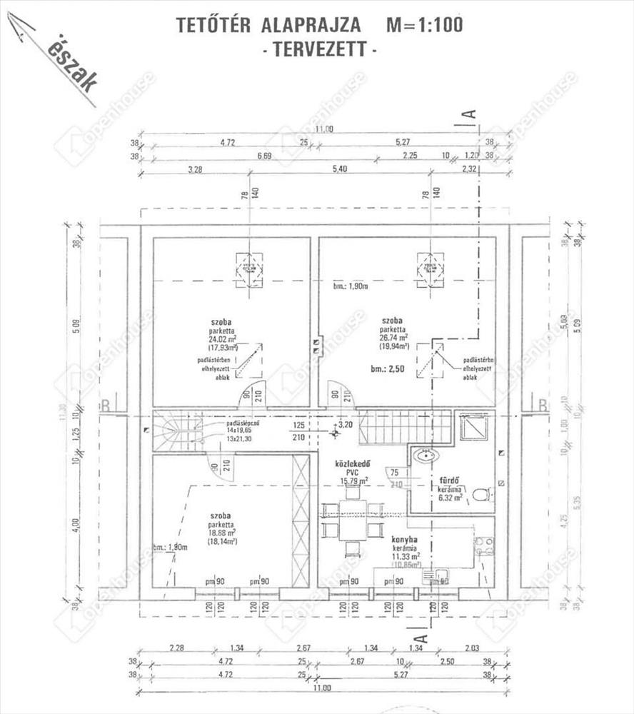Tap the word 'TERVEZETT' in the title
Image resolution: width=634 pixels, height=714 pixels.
[x=319, y=49]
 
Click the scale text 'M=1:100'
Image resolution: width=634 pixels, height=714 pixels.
[x=424, y=25]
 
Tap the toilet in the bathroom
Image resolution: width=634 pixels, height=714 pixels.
[x=481, y=494]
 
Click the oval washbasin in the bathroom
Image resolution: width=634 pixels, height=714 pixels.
[x=427, y=455]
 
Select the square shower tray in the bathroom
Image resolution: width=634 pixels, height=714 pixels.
[x=473, y=428]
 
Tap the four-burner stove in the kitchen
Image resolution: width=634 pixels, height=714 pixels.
[x=484, y=546]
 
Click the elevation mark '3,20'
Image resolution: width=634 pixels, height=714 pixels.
[x=346, y=425]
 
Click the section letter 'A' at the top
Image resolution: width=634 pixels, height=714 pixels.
[x=469, y=114]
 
